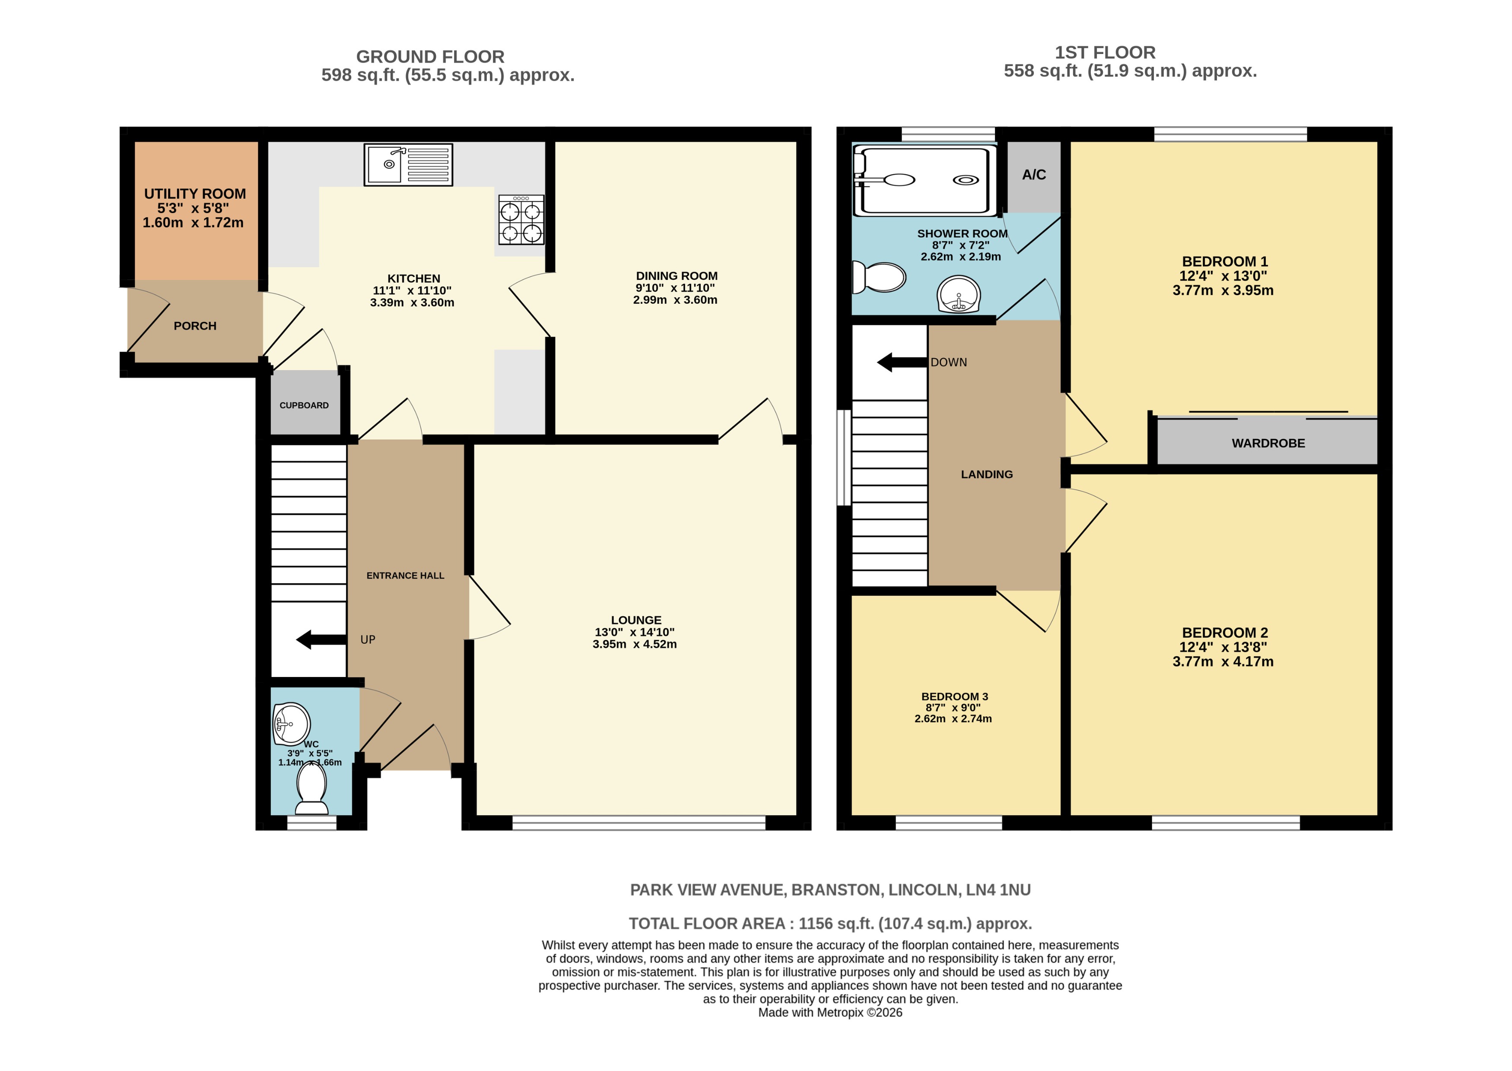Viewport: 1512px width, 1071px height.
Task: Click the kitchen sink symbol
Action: pos(408,164)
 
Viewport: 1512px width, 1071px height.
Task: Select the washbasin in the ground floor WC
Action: pos(291,724)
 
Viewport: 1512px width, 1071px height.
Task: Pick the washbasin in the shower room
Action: pos(959,294)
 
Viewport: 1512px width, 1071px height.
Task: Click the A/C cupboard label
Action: pos(1033,175)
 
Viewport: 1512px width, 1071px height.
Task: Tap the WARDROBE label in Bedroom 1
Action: pos(1268,443)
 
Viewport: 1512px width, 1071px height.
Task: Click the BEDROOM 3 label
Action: pos(954,696)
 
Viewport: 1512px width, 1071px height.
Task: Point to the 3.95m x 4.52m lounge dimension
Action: pos(634,644)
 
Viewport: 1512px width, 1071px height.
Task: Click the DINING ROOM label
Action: pos(677,276)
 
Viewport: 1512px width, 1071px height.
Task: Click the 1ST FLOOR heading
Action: pos(1105,53)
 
